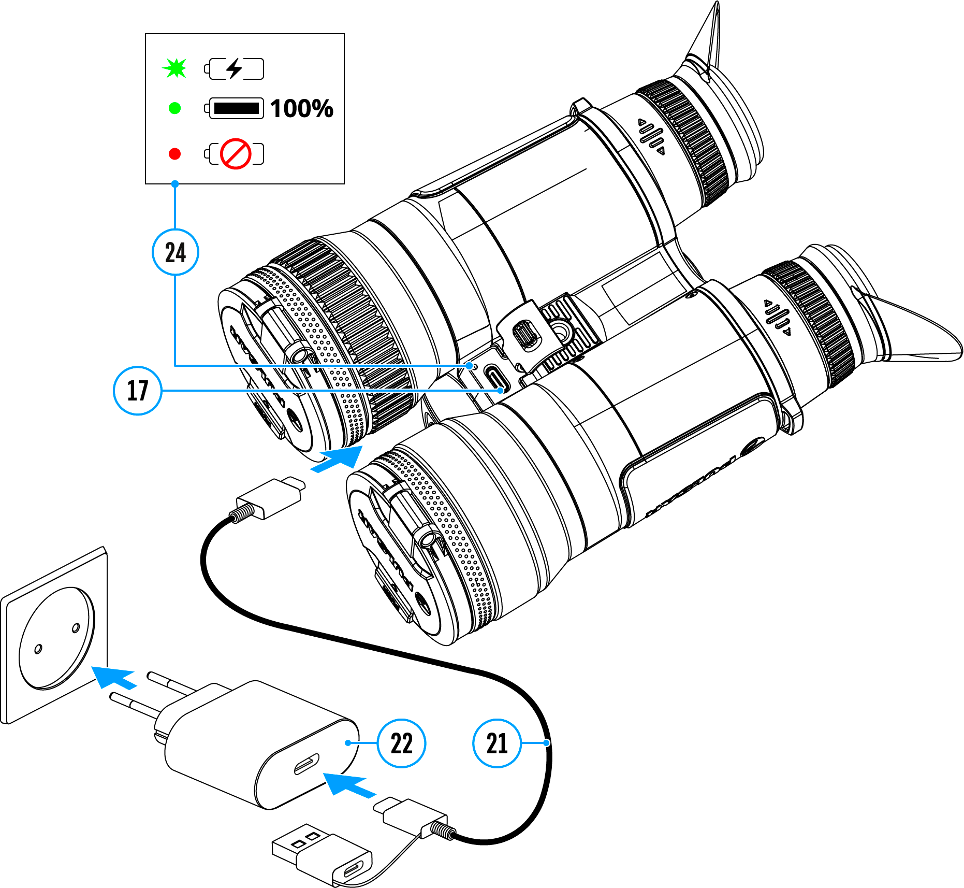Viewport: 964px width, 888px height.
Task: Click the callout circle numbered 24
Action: coord(176,253)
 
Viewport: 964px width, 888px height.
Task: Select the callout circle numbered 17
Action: coord(138,391)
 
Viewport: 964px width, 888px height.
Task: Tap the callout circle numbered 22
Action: coord(401,743)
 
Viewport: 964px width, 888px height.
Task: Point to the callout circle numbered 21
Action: coord(497,743)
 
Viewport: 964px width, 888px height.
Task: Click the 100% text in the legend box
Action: coord(302,109)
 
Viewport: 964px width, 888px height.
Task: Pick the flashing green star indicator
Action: coord(175,68)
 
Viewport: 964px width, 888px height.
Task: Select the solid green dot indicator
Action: coord(175,108)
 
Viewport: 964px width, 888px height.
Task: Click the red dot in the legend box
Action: coord(175,154)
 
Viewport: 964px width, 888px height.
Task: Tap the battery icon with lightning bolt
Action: coord(235,68)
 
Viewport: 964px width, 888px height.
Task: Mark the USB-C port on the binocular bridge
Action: coord(495,378)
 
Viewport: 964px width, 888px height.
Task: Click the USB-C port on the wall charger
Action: coord(306,765)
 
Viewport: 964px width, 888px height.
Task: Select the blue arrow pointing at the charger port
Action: coord(348,784)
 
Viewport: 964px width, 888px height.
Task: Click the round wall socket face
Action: coord(57,637)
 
